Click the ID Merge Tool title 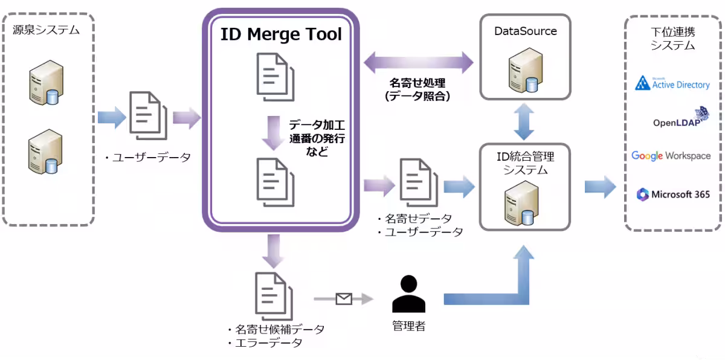pyautogui.click(x=281, y=34)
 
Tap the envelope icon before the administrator pyautogui.click(x=344, y=298)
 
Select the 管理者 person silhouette pyautogui.click(x=408, y=295)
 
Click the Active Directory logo pyautogui.click(x=672, y=83)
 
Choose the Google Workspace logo pyautogui.click(x=671, y=156)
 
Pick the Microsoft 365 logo pyautogui.click(x=672, y=194)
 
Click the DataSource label pyautogui.click(x=525, y=31)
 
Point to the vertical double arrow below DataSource pyautogui.click(x=524, y=121)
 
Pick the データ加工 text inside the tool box pyautogui.click(x=317, y=126)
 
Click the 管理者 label pyautogui.click(x=408, y=327)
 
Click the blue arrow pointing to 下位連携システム pyautogui.click(x=600, y=187)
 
